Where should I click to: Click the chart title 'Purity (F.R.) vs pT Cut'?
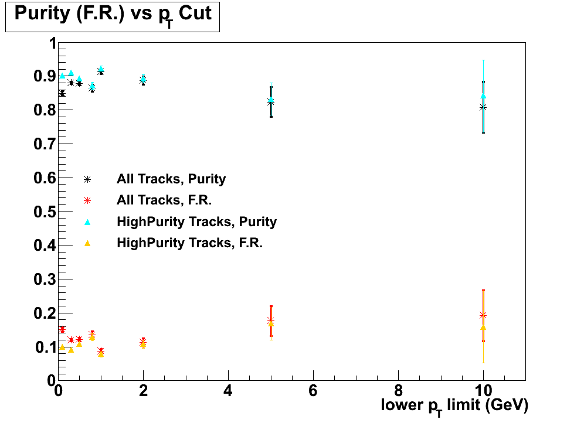tap(112, 15)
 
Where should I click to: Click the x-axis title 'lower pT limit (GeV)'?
tap(454, 405)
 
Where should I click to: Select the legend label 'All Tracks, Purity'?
tap(171, 179)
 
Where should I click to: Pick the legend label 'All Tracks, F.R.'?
tap(164, 200)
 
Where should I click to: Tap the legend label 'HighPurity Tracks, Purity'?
tap(196, 221)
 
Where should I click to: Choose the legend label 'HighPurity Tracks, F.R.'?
tap(189, 243)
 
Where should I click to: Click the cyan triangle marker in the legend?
tap(87, 221)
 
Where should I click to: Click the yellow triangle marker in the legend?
tap(87, 243)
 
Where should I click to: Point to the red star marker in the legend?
tap(87, 200)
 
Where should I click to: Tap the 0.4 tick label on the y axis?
tap(43, 245)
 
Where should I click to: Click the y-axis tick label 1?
tap(52, 43)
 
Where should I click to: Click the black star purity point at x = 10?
tap(483, 107)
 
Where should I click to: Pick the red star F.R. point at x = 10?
tap(483, 315)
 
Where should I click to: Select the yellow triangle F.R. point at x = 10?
tap(483, 327)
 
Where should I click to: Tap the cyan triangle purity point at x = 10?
tap(483, 95)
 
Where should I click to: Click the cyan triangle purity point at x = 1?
tap(101, 69)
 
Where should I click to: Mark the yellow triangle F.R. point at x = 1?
tap(101, 354)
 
